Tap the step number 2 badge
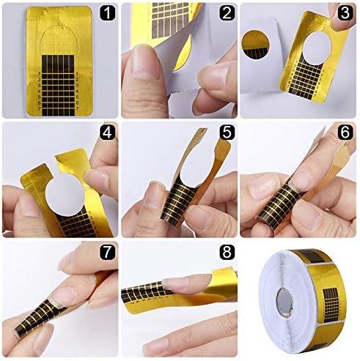coord(225,14)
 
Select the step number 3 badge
coord(345,14)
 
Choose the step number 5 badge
coord(225,134)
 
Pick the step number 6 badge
coord(345,134)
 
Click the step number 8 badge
coord(225,253)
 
